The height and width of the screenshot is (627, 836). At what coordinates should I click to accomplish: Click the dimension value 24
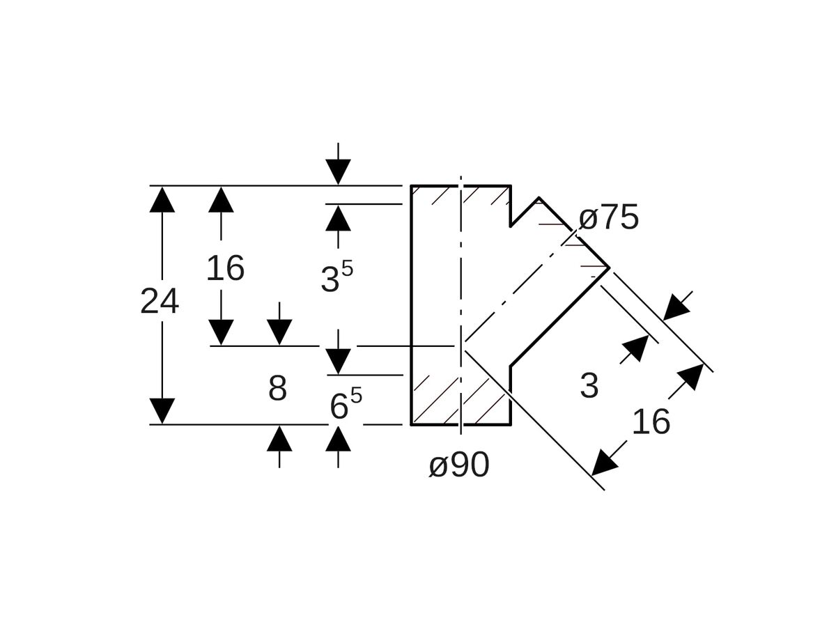160,302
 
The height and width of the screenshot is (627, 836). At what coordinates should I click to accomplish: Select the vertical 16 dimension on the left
225,268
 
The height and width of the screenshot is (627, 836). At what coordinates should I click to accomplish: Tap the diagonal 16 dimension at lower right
651,422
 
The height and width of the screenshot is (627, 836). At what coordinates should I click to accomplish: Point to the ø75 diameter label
609,218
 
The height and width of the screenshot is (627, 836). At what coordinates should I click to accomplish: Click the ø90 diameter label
459,465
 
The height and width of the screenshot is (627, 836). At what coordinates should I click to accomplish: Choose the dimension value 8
277,388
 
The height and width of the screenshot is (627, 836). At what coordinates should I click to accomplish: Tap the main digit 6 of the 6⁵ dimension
339,407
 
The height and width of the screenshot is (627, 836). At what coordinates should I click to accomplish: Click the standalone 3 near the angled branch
589,386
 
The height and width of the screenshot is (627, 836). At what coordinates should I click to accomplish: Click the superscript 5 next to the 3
347,269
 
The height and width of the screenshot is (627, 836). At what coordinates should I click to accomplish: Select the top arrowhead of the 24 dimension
162,199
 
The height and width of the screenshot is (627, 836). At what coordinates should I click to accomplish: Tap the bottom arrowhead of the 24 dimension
162,411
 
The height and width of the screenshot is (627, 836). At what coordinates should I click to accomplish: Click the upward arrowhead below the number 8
279,439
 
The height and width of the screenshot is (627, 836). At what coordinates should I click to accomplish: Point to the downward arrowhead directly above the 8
279,332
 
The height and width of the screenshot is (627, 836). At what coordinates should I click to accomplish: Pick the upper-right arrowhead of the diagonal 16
691,376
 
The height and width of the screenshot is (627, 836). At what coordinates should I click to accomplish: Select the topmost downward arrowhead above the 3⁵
338,171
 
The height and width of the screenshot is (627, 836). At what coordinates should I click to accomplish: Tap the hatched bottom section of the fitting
460,401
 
